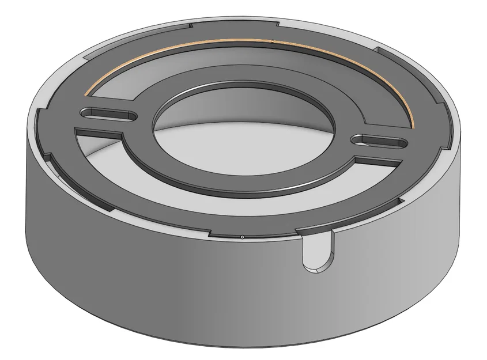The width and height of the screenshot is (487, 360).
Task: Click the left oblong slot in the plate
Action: [109, 114]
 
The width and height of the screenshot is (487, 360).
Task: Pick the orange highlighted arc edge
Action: [242, 42]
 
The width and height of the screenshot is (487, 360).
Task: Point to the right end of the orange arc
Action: [413, 126]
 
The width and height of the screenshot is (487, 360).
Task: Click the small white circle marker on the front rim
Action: [242, 237]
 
